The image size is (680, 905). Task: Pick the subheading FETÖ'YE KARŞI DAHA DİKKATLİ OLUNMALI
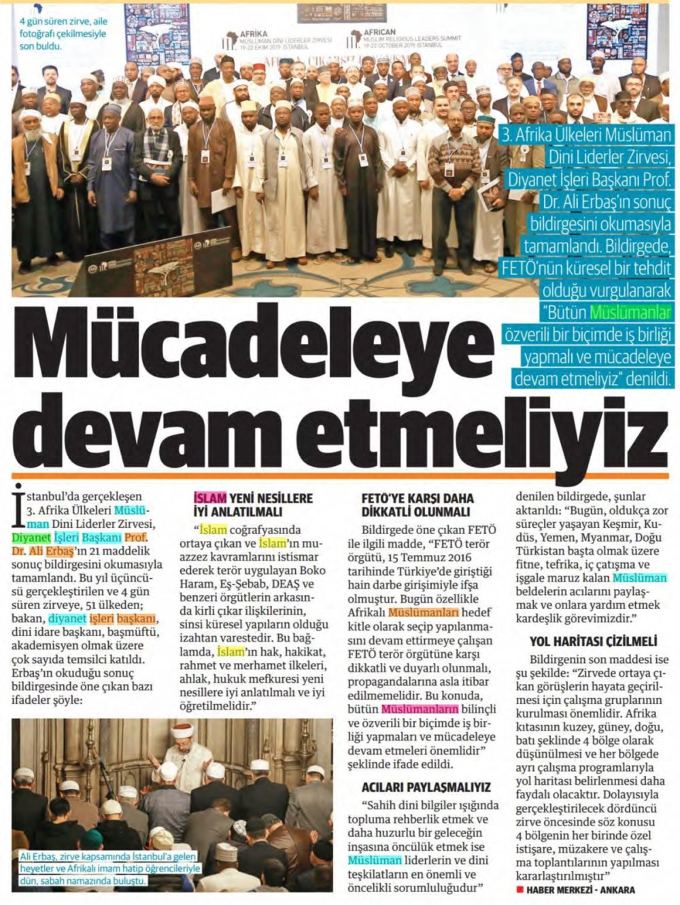[x=417, y=505]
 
